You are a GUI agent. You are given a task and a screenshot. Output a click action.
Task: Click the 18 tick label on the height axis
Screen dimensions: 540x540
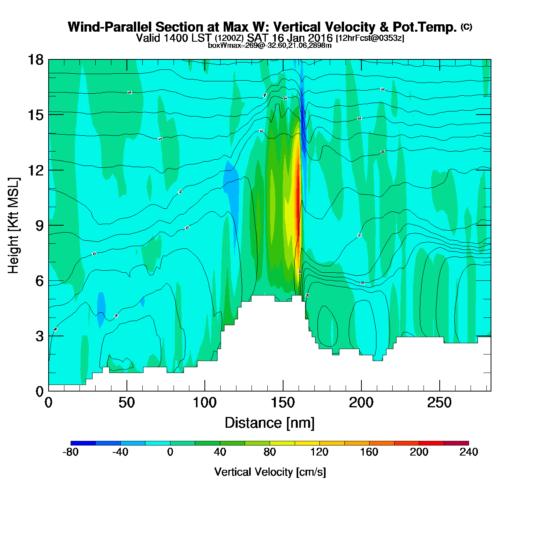tap(35, 60)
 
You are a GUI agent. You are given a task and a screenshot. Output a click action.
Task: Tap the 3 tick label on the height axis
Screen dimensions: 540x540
tap(40, 336)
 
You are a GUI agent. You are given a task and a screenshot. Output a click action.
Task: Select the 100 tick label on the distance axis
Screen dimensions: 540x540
tap(204, 403)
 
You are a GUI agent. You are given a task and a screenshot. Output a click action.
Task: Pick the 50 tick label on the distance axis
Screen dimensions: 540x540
tap(127, 403)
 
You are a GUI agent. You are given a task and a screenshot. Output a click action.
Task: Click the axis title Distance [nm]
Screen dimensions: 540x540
tap(270, 423)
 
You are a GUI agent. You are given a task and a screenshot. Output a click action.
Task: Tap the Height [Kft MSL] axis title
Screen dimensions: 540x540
tap(13, 226)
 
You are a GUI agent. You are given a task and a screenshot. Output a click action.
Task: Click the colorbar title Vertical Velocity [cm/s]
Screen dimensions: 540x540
tap(270, 472)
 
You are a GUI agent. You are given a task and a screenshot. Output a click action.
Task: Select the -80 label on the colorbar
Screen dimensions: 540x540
tap(70, 452)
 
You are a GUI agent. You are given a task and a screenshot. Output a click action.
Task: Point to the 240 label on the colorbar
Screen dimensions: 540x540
tap(469, 452)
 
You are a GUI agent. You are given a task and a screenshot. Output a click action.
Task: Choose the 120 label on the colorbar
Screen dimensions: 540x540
tap(319, 452)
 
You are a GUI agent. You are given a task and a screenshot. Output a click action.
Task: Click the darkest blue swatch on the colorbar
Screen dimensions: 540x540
tap(83, 443)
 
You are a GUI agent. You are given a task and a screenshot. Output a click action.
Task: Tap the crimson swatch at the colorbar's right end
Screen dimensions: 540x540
tap(456, 443)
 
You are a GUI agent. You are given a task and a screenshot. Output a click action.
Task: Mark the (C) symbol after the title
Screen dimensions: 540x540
tap(466, 27)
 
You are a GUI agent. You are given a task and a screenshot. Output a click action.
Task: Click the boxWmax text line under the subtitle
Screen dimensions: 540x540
tap(270, 45)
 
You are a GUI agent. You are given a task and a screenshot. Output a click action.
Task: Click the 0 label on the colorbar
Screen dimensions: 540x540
tap(170, 452)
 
